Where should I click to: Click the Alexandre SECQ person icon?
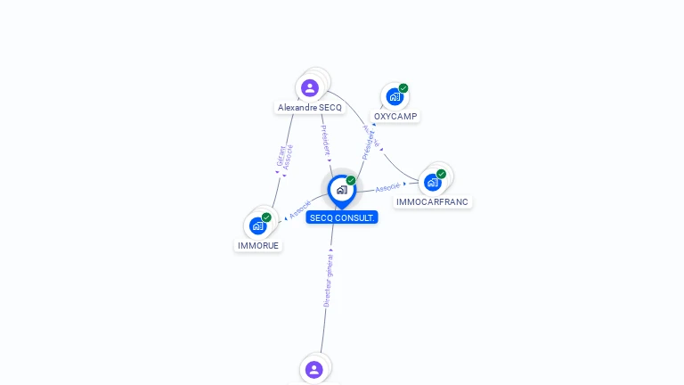310,87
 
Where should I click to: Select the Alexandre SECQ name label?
310,108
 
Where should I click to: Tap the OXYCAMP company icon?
394,96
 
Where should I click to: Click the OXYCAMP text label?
395,117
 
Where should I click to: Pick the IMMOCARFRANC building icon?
433,182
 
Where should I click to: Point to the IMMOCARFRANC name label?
433,202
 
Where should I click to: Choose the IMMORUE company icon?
258,225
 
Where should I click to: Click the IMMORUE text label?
258,245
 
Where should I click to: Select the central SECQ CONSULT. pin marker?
341,190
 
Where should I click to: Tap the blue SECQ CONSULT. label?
342,217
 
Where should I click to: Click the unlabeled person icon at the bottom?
313,369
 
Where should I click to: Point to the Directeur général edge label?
328,281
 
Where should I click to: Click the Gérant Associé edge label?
283,157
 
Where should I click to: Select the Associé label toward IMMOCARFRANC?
388,187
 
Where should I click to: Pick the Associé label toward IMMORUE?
300,210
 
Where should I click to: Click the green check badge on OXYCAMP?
403,88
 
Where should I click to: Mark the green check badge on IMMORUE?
266,217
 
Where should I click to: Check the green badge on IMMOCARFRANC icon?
441,174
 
